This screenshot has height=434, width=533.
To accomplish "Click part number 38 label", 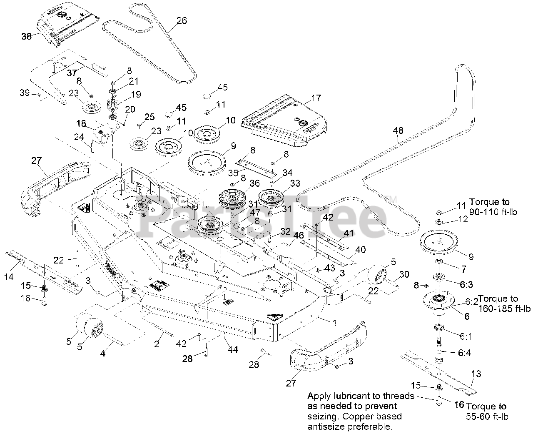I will point(27,36).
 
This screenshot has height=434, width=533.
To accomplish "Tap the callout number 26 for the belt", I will point(182,20).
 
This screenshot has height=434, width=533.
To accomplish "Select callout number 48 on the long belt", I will point(398,130).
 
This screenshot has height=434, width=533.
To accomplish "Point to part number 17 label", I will point(316,98).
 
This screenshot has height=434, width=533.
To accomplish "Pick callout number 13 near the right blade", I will point(476,374).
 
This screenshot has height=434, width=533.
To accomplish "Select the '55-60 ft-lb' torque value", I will point(488,416).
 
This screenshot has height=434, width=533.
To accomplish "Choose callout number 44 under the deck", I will point(233,350).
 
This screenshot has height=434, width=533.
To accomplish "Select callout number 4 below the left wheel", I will point(103,354).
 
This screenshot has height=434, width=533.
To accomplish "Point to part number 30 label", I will point(404,274).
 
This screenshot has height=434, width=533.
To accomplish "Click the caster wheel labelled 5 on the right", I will point(377,276).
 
